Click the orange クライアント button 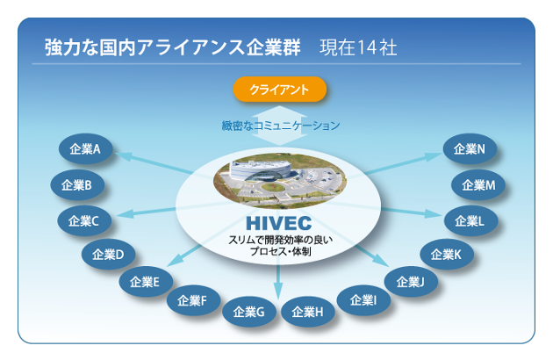pos(280,90)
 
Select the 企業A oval pos(86,149)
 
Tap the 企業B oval pos(77,185)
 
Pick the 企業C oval pos(84,221)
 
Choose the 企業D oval pos(108,254)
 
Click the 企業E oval pos(146,282)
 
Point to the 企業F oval pos(193,300)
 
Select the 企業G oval pos(249,312)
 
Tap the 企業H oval pos(307,312)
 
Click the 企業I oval pos(363,300)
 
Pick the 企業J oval pos(411,282)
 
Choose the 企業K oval pos(447,254)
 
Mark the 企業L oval pos(470,221)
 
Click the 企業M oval pos(478,185)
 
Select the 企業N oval pos(470,149)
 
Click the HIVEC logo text pos(278,223)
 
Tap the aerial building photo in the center pos(280,180)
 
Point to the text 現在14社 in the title pos(358,47)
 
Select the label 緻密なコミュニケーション pos(281,126)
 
